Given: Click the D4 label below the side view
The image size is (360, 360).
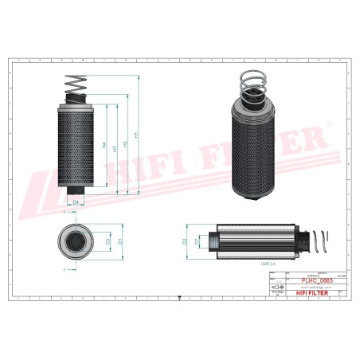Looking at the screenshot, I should (76, 203).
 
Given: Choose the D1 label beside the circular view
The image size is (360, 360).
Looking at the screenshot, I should (119, 241).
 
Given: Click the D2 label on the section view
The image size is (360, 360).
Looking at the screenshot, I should (185, 240).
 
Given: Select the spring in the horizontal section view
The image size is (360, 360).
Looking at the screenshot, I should (317, 240).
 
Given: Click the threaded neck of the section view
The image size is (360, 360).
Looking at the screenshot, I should (211, 240).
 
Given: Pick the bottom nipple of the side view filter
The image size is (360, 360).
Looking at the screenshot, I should (76, 191).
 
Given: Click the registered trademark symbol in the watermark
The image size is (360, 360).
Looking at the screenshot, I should (328, 123).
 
